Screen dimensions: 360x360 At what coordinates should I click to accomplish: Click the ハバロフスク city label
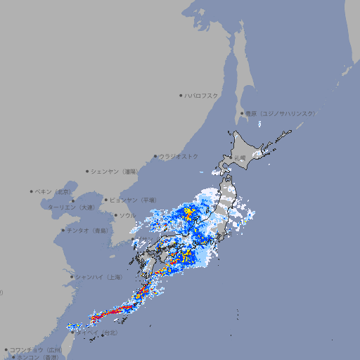(202, 95)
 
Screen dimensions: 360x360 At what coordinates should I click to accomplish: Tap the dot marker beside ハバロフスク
(181, 95)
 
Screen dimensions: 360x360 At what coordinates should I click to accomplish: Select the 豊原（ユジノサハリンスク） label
(280, 113)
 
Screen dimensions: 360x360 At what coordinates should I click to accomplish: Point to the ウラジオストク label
(179, 156)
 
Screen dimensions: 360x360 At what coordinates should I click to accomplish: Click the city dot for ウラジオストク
(155, 156)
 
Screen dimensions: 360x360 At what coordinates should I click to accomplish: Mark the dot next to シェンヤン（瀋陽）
(87, 171)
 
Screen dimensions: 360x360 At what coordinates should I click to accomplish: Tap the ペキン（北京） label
(53, 191)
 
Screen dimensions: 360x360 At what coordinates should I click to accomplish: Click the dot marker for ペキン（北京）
(32, 191)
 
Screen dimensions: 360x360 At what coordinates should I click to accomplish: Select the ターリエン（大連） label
(71, 207)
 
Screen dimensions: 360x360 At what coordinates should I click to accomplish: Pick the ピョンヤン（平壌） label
(134, 200)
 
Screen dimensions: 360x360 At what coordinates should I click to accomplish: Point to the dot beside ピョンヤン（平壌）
(107, 200)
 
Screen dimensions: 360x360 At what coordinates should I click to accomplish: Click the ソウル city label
(127, 215)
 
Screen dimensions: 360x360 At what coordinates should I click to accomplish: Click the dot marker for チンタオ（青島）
(63, 230)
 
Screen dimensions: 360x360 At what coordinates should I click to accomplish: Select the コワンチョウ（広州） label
(36, 349)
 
